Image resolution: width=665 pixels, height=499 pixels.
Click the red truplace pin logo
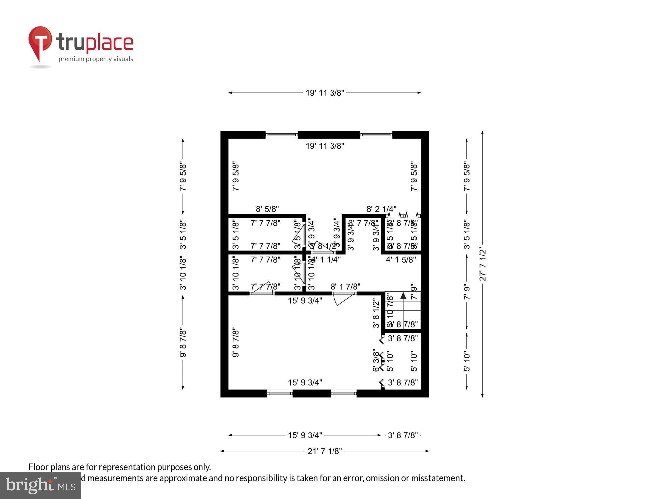(x=40, y=42)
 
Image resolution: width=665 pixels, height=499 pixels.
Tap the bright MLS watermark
(x=40, y=486)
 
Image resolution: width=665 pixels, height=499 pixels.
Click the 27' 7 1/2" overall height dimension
(x=483, y=264)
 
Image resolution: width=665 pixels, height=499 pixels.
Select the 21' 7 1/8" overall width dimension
(x=325, y=451)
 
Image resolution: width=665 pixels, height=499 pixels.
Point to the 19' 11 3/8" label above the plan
(x=325, y=93)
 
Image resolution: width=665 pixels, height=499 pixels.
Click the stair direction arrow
(x=403, y=295)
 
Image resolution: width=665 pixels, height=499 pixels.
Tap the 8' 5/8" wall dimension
(x=267, y=209)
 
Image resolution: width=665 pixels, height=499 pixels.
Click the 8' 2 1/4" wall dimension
(x=381, y=209)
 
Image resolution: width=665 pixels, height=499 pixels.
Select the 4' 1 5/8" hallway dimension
(x=401, y=260)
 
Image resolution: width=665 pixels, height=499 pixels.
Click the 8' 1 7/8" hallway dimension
(x=345, y=286)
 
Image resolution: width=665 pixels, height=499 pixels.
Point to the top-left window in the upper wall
(x=281, y=135)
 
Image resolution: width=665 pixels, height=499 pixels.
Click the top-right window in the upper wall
(x=376, y=135)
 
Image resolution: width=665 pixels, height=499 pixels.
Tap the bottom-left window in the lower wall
(x=279, y=394)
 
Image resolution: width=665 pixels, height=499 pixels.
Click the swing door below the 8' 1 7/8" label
(x=344, y=298)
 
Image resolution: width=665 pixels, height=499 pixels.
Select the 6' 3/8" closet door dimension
(x=376, y=360)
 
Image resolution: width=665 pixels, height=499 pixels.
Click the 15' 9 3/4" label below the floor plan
(x=305, y=435)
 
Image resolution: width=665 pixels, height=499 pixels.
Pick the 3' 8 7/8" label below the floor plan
(x=403, y=435)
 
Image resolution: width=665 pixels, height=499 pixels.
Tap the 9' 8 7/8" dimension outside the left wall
(x=183, y=343)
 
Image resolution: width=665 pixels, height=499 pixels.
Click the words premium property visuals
(x=96, y=59)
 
